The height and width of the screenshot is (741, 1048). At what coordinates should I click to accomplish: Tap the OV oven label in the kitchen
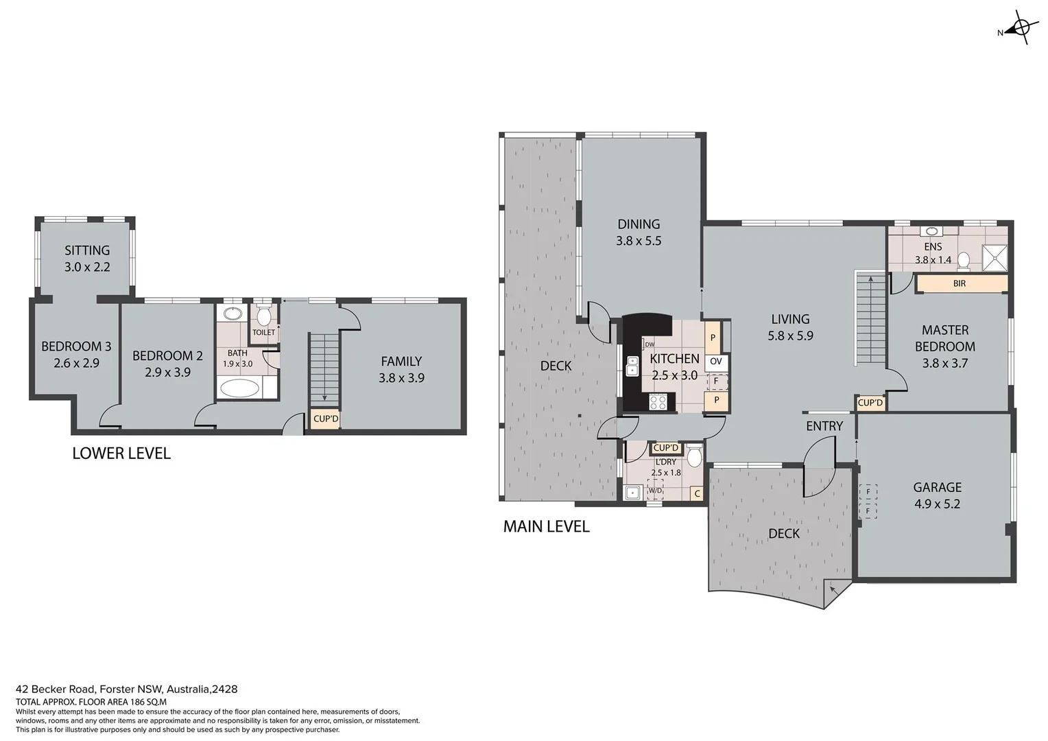716,362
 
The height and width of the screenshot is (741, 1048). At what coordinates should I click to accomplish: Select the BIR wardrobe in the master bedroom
960,283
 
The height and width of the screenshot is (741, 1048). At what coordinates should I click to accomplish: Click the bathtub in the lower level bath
239,388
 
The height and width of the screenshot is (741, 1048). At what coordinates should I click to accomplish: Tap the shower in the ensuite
995,258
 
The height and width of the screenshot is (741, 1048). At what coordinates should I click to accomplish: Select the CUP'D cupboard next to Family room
326,419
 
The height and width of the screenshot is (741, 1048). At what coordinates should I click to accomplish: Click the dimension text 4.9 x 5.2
937,504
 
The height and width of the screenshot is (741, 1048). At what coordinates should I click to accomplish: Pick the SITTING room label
87,250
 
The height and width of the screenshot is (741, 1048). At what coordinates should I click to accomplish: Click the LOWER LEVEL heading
121,454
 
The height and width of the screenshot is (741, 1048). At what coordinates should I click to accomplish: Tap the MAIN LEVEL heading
546,527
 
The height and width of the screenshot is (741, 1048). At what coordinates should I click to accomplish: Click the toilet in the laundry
694,456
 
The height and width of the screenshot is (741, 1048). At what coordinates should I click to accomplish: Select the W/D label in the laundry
656,491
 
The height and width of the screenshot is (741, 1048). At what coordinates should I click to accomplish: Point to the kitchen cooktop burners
658,402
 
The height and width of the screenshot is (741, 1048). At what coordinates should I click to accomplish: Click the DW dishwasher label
649,344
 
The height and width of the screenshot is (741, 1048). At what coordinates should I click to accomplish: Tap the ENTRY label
824,426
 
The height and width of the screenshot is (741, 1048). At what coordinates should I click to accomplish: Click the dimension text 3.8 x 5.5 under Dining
639,241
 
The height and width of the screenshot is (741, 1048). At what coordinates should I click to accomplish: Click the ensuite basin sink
931,232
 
